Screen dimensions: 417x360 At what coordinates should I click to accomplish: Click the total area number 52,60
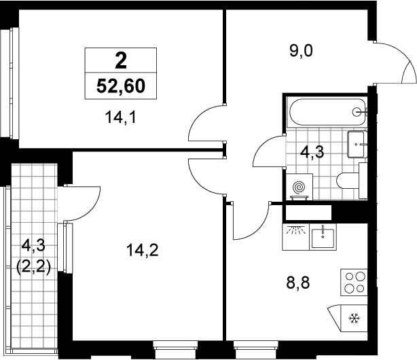pyautogui.click(x=121, y=86)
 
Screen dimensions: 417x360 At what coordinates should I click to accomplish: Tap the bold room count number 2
pyautogui.click(x=121, y=61)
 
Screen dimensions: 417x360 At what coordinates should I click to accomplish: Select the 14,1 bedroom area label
pyautogui.click(x=121, y=118)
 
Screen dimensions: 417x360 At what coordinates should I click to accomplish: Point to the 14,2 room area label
pyautogui.click(x=143, y=251)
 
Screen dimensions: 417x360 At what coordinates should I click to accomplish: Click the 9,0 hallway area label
pyautogui.click(x=302, y=51)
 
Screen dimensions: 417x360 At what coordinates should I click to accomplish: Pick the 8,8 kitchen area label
pyautogui.click(x=298, y=283)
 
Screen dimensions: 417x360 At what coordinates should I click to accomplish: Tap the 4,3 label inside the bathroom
pyautogui.click(x=312, y=152)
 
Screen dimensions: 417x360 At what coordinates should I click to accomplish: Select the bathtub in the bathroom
pyautogui.click(x=328, y=112)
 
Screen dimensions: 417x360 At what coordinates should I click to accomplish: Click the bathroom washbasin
pyautogui.click(x=357, y=144)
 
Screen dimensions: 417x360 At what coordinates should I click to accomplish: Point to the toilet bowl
pyautogui.click(x=352, y=181)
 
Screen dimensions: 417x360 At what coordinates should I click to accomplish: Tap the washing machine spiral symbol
pyautogui.click(x=299, y=187)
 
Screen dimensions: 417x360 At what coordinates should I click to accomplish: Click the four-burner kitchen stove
pyautogui.click(x=354, y=283)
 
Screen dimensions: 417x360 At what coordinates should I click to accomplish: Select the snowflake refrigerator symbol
pyautogui.click(x=355, y=318)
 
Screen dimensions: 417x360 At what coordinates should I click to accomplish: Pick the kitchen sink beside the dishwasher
pyautogui.click(x=323, y=237)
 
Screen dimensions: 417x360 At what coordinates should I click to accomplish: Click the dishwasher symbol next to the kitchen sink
pyautogui.click(x=295, y=237)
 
